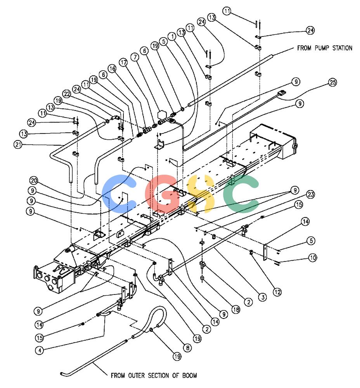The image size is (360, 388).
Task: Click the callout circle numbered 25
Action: (x=332, y=82)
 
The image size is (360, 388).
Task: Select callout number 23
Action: (x=310, y=194)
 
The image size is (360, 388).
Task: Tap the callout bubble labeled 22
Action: (x=67, y=94)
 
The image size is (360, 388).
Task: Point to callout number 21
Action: (x=18, y=144)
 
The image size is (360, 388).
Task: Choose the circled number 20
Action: (x=34, y=180)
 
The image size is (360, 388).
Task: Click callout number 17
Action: (x=124, y=62)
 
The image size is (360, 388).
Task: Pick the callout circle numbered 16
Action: (x=112, y=68)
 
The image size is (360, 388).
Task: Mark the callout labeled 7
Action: (x=135, y=57)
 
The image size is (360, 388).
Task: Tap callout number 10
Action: (x=313, y=258)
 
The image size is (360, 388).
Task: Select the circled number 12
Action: (x=277, y=292)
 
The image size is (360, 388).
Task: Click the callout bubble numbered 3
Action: (x=263, y=297)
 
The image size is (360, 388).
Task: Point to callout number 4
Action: (x=40, y=350)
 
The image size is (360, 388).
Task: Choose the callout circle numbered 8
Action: (x=187, y=348)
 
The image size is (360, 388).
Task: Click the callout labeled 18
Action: (x=236, y=309)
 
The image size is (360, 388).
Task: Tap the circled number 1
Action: (x=172, y=36)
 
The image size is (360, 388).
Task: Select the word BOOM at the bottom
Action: (x=190, y=375)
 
